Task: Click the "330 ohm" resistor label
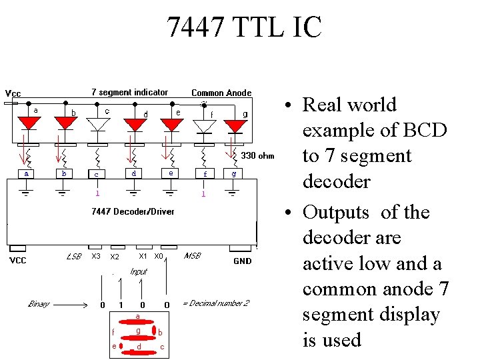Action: [x=257, y=156]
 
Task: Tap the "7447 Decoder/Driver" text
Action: [x=133, y=211]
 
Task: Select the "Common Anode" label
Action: [x=221, y=93]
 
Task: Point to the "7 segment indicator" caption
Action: [x=129, y=92]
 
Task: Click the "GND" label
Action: [x=243, y=261]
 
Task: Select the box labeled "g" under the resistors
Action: [x=233, y=173]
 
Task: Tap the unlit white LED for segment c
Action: [x=98, y=125]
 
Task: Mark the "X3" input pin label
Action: [x=96, y=256]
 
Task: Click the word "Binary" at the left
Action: [x=39, y=304]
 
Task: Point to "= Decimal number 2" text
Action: [x=215, y=303]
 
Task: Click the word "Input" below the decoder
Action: [x=139, y=271]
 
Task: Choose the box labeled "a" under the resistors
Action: [x=27, y=173]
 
